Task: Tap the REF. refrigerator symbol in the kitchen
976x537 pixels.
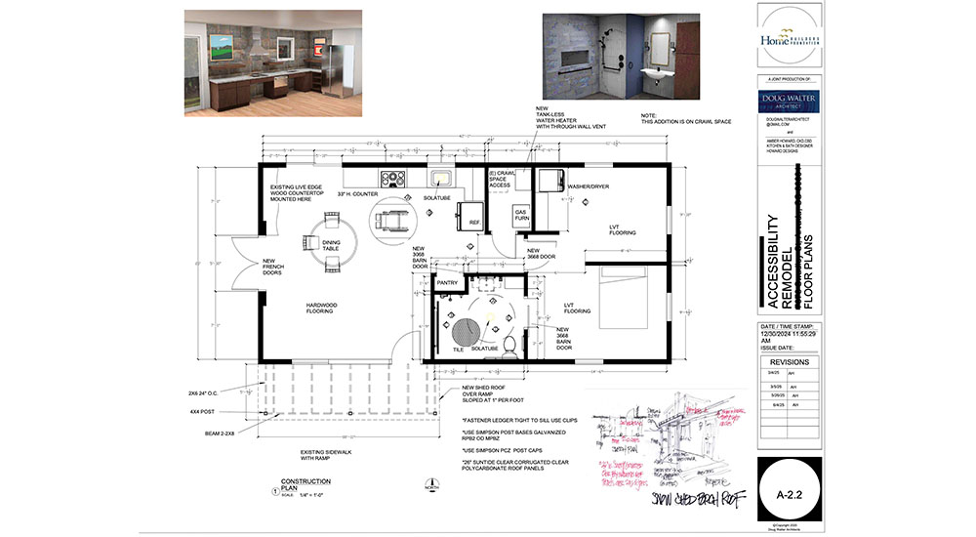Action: click(x=473, y=216)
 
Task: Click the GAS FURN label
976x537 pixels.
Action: click(x=520, y=214)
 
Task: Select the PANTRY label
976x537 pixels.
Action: click(x=447, y=283)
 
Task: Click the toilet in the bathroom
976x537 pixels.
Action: click(x=507, y=349)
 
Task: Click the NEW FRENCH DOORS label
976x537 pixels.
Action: click(x=273, y=267)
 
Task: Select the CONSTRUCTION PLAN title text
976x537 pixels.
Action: click(x=300, y=485)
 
